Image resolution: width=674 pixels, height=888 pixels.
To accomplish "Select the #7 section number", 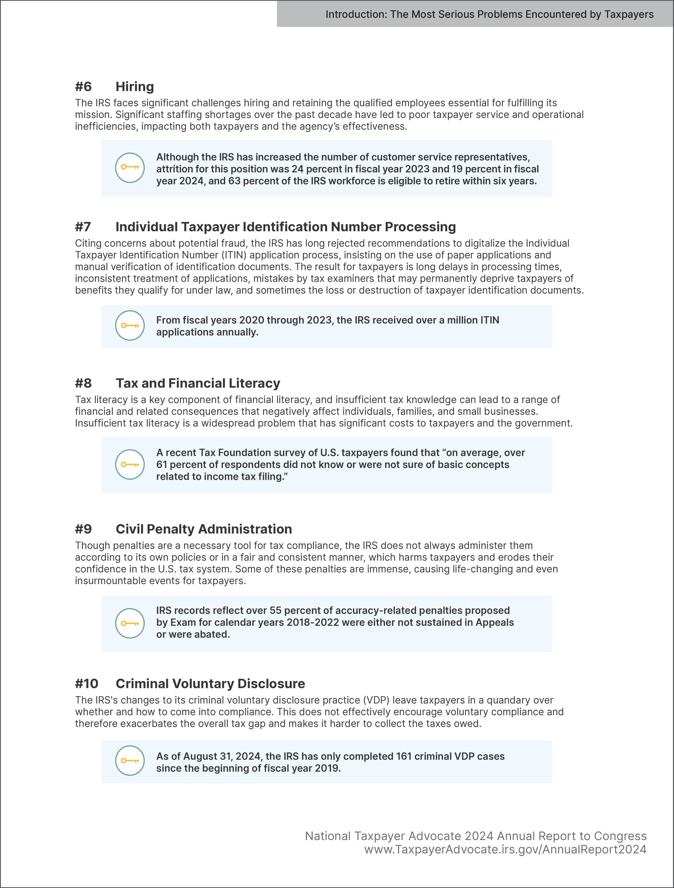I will (x=83, y=227).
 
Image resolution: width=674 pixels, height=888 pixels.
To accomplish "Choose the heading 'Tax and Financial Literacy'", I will (x=198, y=383).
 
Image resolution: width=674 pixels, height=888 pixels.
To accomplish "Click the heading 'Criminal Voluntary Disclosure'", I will (x=210, y=684).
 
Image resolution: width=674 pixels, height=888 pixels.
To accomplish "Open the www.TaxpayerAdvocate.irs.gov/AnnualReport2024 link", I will (x=505, y=850).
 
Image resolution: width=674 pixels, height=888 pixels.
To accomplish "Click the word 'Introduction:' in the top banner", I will (x=356, y=14).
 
